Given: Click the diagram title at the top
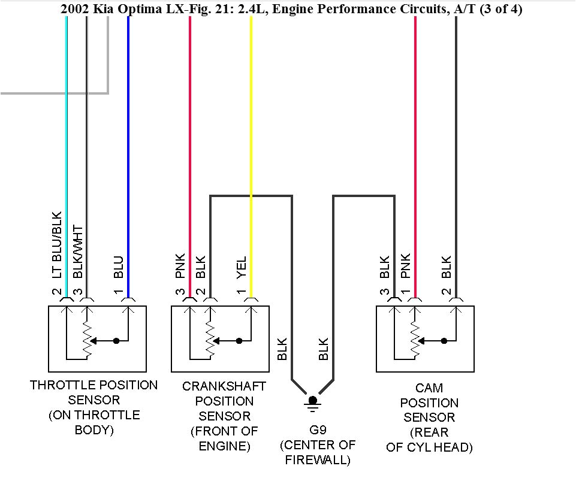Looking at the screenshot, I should [x=291, y=9].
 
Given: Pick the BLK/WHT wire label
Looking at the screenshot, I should [x=77, y=252].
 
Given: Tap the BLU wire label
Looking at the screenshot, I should [x=119, y=267].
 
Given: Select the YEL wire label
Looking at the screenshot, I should [x=242, y=267].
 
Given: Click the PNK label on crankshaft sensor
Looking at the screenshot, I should [x=180, y=267].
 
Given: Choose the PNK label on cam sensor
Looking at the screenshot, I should [x=406, y=267].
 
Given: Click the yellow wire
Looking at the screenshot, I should [x=251, y=120].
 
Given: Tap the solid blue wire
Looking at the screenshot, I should [x=128, y=120].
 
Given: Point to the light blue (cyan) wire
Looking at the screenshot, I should [x=67, y=120].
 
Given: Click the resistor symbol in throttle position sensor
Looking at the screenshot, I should [x=88, y=340].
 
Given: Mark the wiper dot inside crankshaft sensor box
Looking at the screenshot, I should [x=239, y=341].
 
